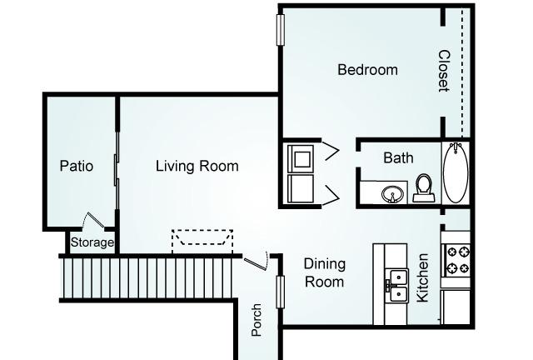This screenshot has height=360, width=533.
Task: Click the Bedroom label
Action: pyautogui.click(x=367, y=70)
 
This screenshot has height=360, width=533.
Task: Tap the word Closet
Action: pyautogui.click(x=444, y=71)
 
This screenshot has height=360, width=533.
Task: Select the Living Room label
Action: pyautogui.click(x=197, y=166)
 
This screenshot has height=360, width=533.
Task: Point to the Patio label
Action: pyautogui.click(x=77, y=166)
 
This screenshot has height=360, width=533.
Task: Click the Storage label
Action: pyautogui.click(x=92, y=242)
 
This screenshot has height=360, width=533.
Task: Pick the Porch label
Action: pyautogui.click(x=257, y=320)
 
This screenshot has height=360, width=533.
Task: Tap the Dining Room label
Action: pyautogui.click(x=325, y=272)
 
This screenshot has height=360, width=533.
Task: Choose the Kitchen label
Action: pyautogui.click(x=422, y=277)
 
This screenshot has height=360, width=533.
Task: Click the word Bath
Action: pyautogui.click(x=398, y=157)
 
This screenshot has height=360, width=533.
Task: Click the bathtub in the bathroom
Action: pyautogui.click(x=456, y=173)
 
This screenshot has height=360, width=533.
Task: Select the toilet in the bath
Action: pyautogui.click(x=424, y=188)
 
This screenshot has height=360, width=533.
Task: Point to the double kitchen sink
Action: pyautogui.click(x=398, y=285)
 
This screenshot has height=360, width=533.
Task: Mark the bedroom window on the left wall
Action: pyautogui.click(x=281, y=30)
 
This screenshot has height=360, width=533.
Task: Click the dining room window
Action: pyautogui.click(x=280, y=292)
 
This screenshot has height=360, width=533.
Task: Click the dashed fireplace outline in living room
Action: pyautogui.click(x=202, y=241)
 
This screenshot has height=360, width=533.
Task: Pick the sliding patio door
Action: pyautogui.click(x=117, y=170)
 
